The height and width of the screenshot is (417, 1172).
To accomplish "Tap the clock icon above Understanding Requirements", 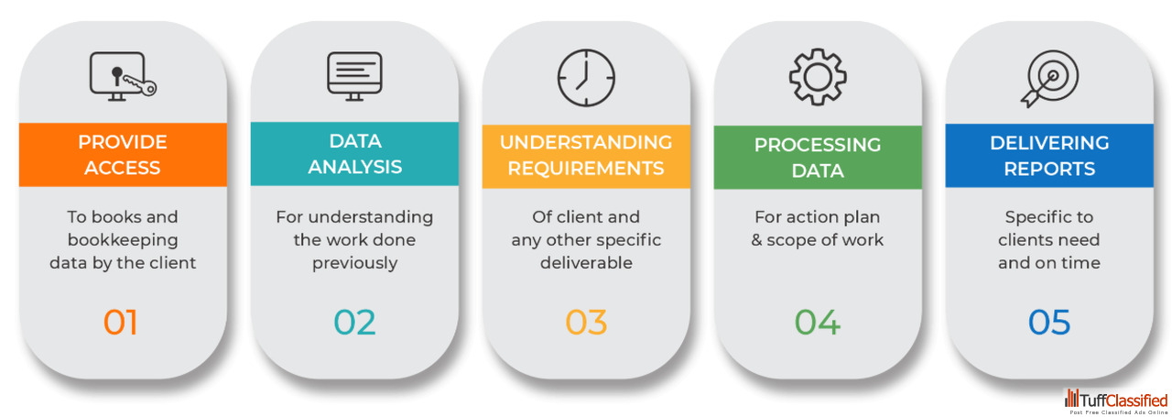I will point(586,77).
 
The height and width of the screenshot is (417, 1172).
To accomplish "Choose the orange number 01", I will point(121,323).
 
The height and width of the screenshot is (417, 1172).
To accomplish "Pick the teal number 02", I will point(354,323).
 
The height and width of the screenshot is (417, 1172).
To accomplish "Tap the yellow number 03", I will point(586,323).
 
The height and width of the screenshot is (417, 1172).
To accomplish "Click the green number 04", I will point(818,323).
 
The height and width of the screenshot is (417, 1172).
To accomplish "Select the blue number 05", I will point(1049,323).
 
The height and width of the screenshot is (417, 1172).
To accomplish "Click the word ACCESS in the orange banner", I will point(123,168).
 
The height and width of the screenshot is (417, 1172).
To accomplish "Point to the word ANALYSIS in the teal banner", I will point(354,167).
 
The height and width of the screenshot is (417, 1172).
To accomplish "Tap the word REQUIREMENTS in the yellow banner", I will point(586,168).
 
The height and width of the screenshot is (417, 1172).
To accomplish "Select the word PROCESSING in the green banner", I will point(818,146).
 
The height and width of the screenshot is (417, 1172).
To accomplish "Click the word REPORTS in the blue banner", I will point(1049,169).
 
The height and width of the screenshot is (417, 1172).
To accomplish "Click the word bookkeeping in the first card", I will point(123,240).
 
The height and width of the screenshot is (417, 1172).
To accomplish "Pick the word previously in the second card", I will point(354,263).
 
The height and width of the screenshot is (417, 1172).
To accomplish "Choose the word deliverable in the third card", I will point(586,263).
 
